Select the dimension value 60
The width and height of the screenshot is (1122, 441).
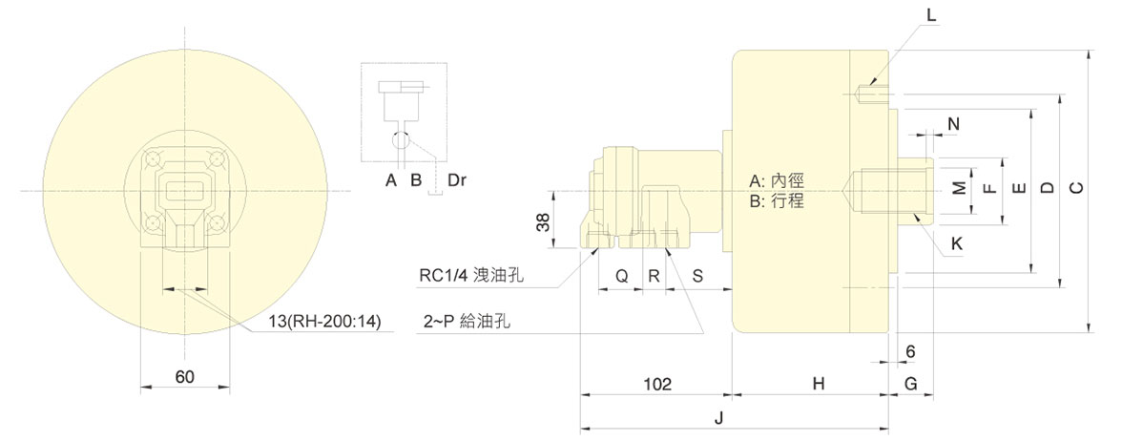coord(185,377)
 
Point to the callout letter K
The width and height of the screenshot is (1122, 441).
coord(957,243)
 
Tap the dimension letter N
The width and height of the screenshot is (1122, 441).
coord(952,124)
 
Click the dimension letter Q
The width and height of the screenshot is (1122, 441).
coord(620,276)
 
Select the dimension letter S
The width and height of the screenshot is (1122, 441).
coord(696,276)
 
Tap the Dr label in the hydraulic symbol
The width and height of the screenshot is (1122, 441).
coord(444,178)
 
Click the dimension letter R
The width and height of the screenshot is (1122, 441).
coord(654,276)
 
